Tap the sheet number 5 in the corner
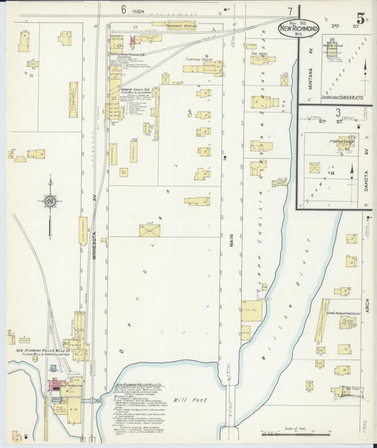[361, 18]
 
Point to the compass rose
[50, 201]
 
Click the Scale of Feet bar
[290, 431]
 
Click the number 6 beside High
[123, 10]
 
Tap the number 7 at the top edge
[289, 11]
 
